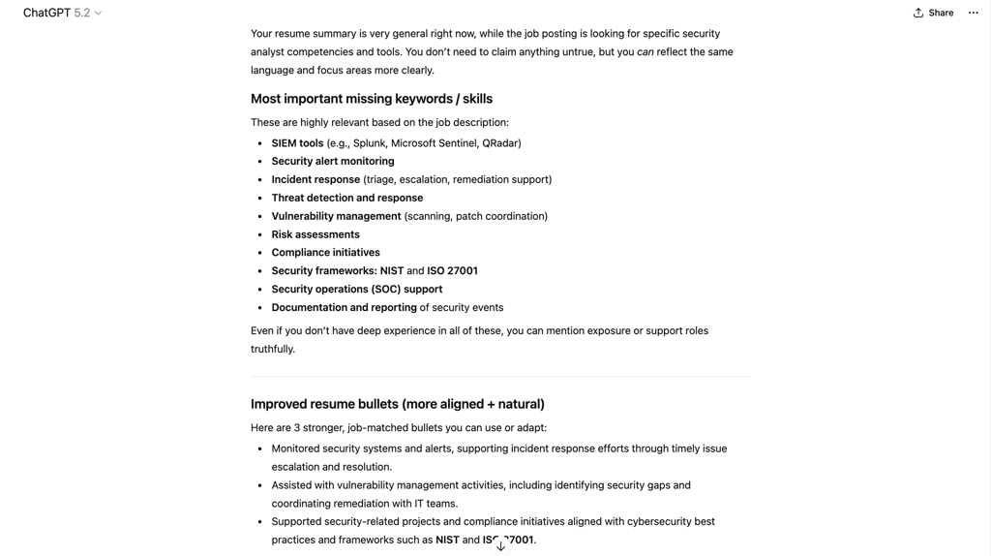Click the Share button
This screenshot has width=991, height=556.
(933, 13)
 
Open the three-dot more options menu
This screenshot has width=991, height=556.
(974, 13)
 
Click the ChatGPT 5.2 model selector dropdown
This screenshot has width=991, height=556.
(63, 13)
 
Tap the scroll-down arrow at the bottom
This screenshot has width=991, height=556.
(500, 545)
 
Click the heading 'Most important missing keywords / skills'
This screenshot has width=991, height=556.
(372, 99)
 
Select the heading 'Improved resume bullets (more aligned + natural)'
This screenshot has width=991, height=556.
(397, 404)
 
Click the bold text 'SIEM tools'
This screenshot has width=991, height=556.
(297, 143)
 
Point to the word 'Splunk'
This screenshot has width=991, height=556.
(369, 143)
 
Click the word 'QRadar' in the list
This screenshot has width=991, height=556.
(500, 143)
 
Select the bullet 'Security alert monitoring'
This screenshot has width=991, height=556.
(333, 162)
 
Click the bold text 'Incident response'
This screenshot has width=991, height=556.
(315, 180)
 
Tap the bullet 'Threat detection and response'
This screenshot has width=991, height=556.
(346, 198)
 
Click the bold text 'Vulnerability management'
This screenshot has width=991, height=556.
(336, 216)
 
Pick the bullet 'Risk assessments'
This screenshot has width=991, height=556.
(315, 234)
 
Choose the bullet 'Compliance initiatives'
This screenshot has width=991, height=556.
(325, 253)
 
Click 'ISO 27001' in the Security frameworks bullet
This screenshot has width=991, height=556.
(452, 271)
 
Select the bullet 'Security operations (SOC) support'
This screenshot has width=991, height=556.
(356, 290)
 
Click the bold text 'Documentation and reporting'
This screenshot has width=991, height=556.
(344, 308)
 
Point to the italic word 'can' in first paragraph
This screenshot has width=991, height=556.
(645, 52)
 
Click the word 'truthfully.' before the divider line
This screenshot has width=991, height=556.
(273, 350)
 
